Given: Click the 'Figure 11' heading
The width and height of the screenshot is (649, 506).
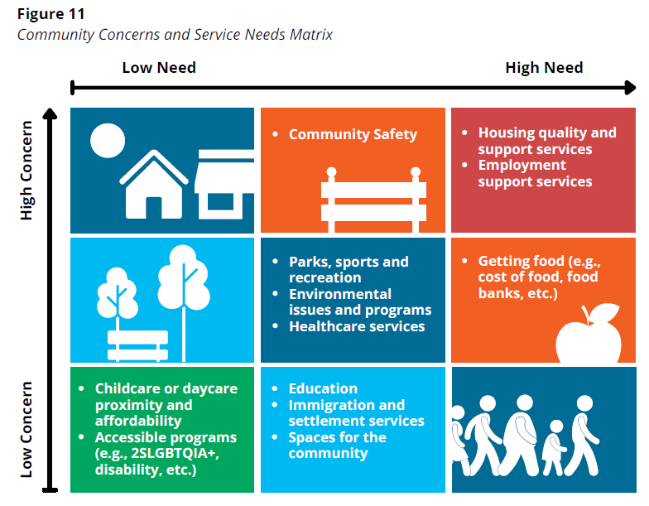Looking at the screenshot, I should click(50, 13).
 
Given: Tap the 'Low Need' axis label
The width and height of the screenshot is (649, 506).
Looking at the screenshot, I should click(159, 67).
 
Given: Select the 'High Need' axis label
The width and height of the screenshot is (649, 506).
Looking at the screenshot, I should click(544, 67).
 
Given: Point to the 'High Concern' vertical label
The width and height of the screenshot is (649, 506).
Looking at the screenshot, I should click(26, 171).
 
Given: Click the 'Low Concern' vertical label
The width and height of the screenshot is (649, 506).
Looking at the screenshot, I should click(26, 430).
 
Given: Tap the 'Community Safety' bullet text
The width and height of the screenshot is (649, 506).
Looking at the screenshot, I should click(353, 134).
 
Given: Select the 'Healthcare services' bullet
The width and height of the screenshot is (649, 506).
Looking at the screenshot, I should click(357, 326).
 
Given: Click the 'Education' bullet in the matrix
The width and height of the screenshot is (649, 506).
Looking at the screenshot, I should click(323, 388).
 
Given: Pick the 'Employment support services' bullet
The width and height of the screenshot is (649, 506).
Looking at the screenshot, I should click(535, 173).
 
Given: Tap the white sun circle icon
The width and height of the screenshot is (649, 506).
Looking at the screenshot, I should click(107, 140).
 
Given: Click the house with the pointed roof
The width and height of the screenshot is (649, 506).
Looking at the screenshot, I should click(154, 182).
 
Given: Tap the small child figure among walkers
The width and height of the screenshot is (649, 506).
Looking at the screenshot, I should click(555, 446).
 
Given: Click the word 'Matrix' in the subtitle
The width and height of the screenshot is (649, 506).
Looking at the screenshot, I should click(310, 34).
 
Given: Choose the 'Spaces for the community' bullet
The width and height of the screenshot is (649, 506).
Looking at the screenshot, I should click(337, 445).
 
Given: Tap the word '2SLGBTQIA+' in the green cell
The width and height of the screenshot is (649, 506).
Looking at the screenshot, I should click(156, 454).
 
